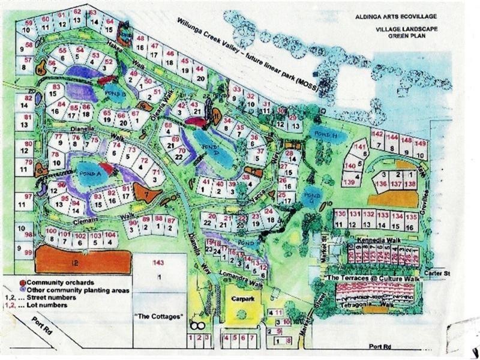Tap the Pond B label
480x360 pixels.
point(117,94)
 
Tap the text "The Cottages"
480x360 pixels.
point(158,316)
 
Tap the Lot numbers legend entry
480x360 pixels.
point(38,305)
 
